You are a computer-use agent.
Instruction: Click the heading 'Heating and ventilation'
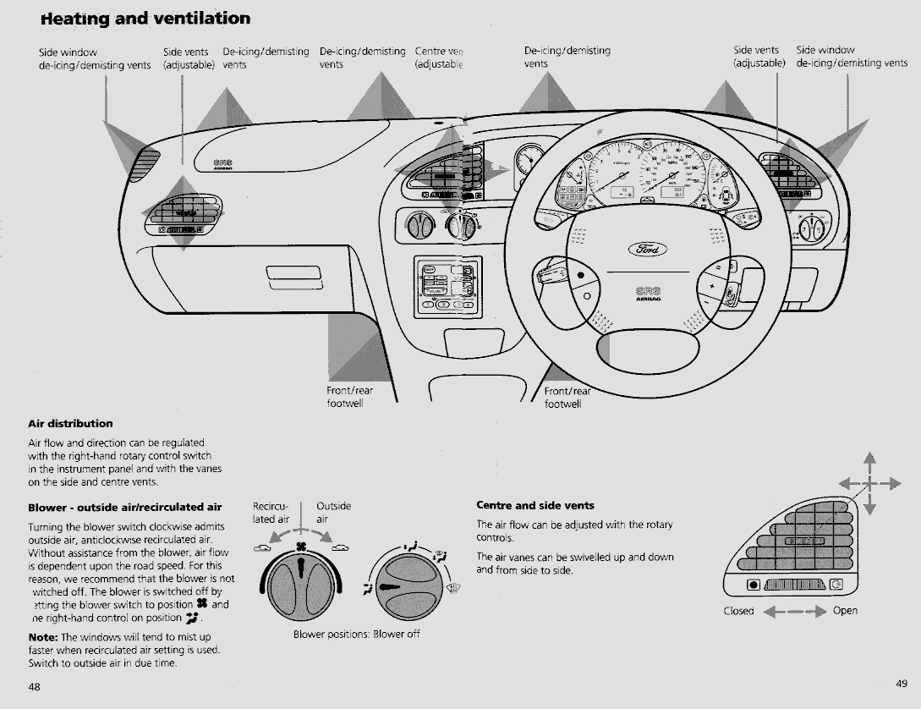(145, 18)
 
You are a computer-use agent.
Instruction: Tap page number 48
(34, 687)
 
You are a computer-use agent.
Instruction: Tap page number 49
(901, 682)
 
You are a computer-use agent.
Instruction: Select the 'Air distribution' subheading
(70, 423)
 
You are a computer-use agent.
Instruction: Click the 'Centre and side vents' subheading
(535, 506)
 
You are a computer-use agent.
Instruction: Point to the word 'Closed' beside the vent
(738, 611)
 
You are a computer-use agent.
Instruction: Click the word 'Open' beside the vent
(845, 611)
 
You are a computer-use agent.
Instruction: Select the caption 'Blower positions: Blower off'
(356, 634)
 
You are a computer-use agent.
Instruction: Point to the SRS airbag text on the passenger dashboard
(223, 162)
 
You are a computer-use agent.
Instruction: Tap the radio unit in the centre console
(447, 287)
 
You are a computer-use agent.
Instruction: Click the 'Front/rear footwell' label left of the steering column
(349, 397)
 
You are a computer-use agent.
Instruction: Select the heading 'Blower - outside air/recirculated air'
(124, 508)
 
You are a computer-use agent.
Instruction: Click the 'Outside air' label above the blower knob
(333, 512)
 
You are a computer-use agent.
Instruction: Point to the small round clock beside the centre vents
(529, 158)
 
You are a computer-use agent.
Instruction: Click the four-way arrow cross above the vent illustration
(869, 484)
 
